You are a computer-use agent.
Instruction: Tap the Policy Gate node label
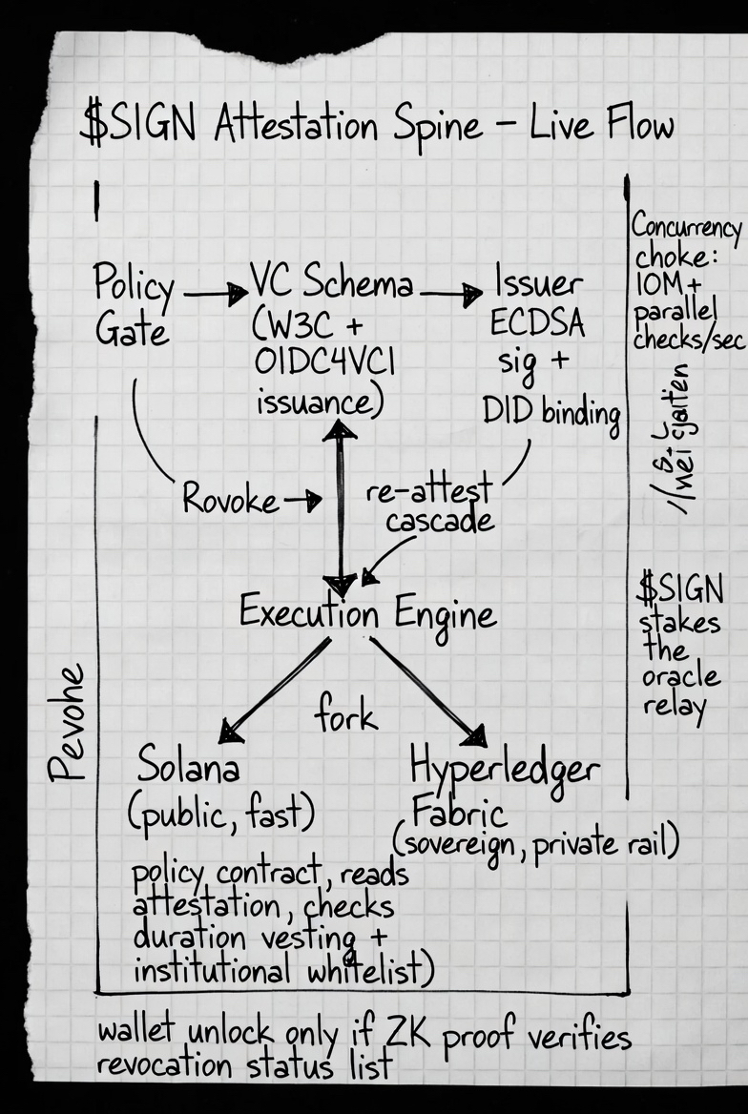click(x=134, y=306)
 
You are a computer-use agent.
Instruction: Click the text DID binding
click(x=551, y=412)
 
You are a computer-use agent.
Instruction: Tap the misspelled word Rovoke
click(x=231, y=498)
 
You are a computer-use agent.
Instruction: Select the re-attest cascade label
click(x=429, y=505)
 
